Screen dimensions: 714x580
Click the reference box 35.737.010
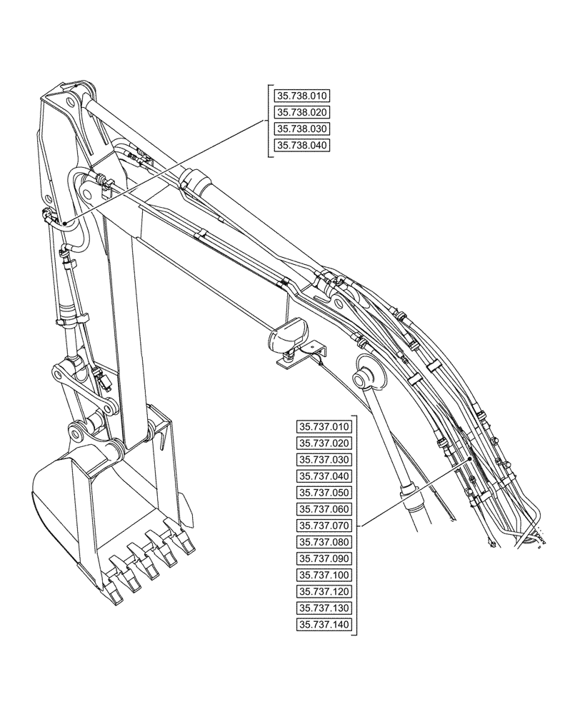coord(324,427)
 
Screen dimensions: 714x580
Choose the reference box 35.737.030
coord(324,460)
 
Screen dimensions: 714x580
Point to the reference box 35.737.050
coord(324,493)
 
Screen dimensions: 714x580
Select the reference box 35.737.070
coord(324,526)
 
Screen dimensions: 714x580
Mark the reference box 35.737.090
coord(324,559)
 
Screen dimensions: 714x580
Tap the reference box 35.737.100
coord(324,575)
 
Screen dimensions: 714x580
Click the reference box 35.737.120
coord(324,592)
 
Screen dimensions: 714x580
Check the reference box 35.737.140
coord(324,625)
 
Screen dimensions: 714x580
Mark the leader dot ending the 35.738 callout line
coord(64,223)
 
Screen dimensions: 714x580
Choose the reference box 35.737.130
coord(324,608)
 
